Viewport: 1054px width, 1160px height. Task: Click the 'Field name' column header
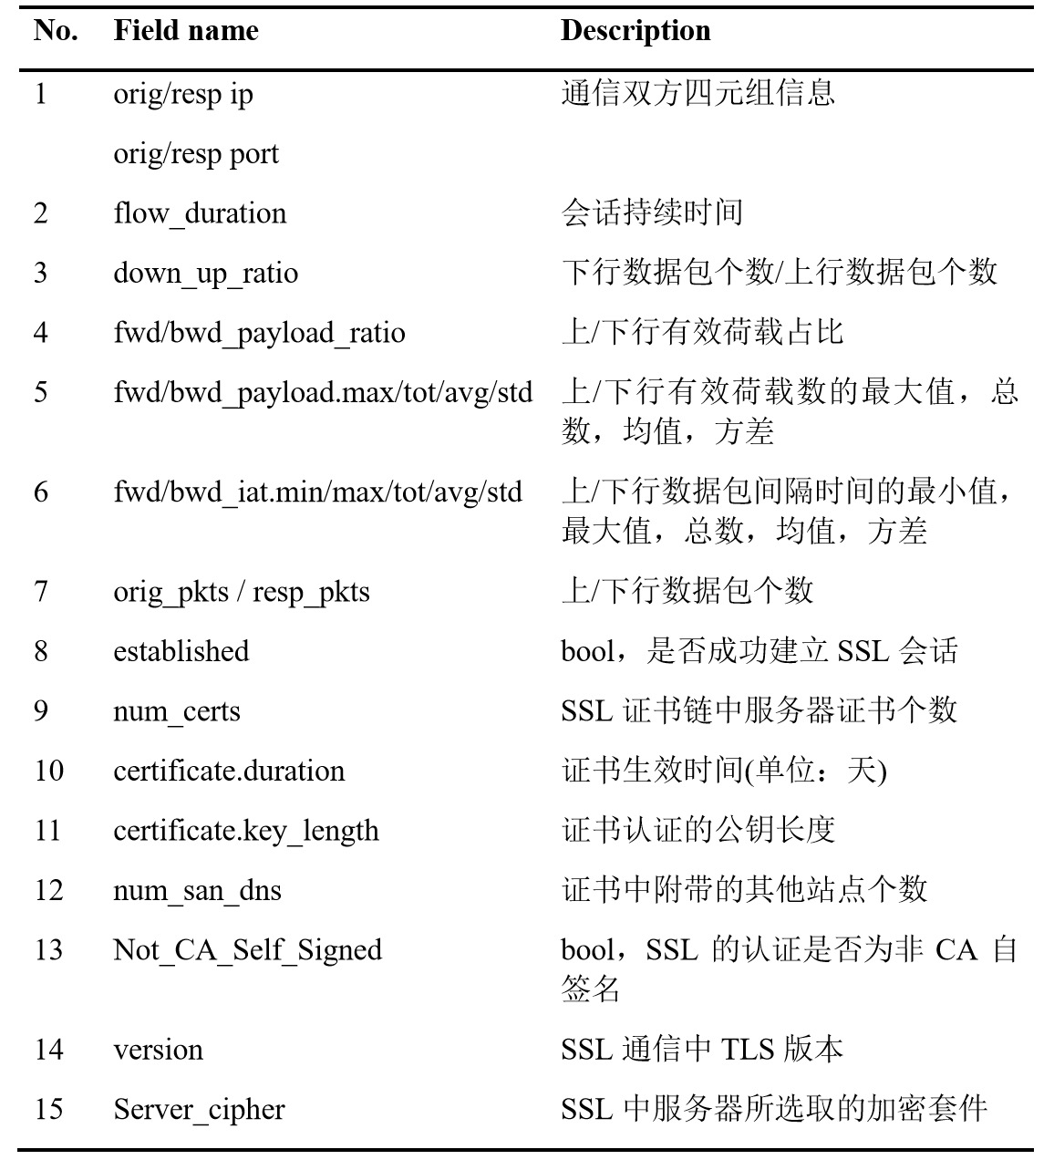point(186,31)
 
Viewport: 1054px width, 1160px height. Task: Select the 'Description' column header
point(635,31)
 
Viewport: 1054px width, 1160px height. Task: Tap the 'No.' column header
point(56,31)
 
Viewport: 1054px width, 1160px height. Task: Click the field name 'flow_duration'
point(200,213)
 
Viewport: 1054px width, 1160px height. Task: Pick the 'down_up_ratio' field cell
point(205,274)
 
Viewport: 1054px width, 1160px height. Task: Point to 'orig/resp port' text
point(196,153)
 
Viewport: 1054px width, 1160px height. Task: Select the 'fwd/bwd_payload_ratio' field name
point(259,333)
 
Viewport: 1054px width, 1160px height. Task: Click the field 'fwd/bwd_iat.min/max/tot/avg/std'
point(317,492)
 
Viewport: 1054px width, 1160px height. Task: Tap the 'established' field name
point(181,651)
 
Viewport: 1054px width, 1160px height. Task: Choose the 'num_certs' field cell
point(177,711)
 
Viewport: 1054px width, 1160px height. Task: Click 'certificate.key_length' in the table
point(245,831)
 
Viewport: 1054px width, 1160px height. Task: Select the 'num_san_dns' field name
point(197,890)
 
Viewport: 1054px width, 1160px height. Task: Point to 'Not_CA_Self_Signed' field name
point(247,950)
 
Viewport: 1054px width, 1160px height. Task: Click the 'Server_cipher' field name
point(199,1110)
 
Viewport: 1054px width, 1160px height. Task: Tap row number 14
point(48,1050)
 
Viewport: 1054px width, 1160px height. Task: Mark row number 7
point(41,591)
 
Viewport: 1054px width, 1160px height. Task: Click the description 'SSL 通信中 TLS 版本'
point(701,1050)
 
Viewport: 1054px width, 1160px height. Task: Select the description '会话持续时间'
point(652,213)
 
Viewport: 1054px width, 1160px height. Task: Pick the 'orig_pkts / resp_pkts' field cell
point(242,592)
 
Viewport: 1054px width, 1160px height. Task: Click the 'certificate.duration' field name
point(229,771)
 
